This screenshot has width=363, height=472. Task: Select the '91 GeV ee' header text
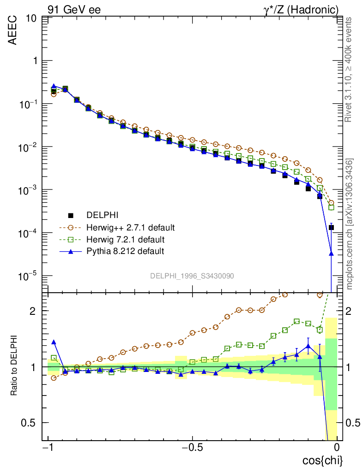click(74, 9)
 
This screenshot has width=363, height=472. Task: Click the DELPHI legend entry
click(103, 215)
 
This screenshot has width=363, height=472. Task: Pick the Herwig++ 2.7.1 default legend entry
click(130, 227)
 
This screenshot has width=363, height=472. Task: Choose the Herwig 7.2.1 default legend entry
click(125, 239)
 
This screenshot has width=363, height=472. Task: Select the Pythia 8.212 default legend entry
click(125, 251)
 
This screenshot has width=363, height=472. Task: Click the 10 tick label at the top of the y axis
click(32, 18)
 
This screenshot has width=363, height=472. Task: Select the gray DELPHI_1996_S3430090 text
click(192, 276)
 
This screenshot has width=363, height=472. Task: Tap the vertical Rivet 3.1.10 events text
click(349, 69)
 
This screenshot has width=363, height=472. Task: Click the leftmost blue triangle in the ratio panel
click(54, 342)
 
